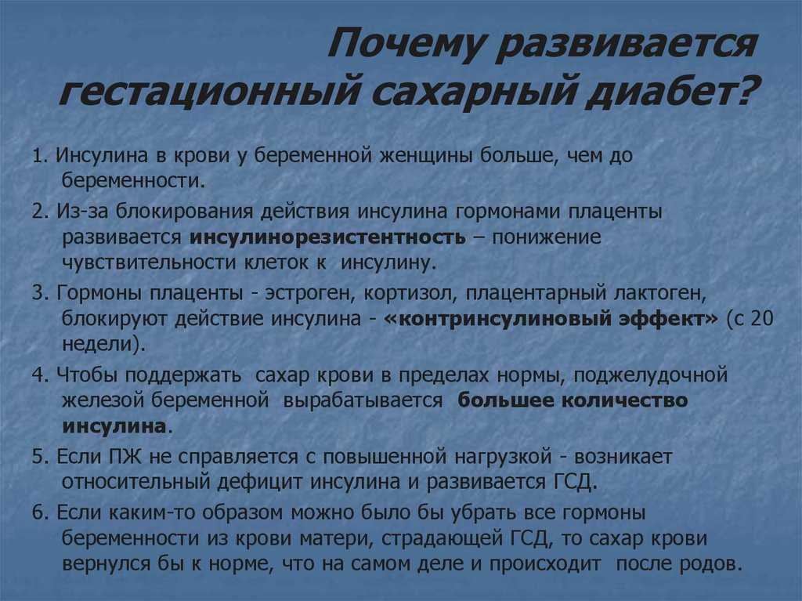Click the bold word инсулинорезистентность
(327, 237)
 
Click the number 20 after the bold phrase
(762, 319)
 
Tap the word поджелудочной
(651, 376)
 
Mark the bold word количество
(624, 400)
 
